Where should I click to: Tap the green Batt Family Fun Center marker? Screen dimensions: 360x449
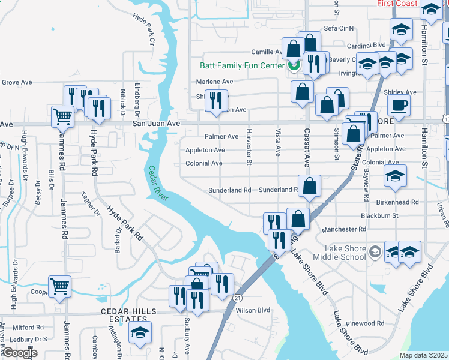[x=294, y=65]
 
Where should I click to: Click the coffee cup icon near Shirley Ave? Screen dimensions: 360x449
[x=397, y=106]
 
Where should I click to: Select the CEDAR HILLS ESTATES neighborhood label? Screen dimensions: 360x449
[x=128, y=315]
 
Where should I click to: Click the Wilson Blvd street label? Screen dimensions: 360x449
[x=253, y=310]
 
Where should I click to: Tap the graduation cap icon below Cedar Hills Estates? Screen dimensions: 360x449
[x=140, y=332]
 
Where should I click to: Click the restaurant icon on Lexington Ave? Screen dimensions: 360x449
[x=215, y=99]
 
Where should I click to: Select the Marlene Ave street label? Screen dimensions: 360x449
[x=214, y=82]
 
